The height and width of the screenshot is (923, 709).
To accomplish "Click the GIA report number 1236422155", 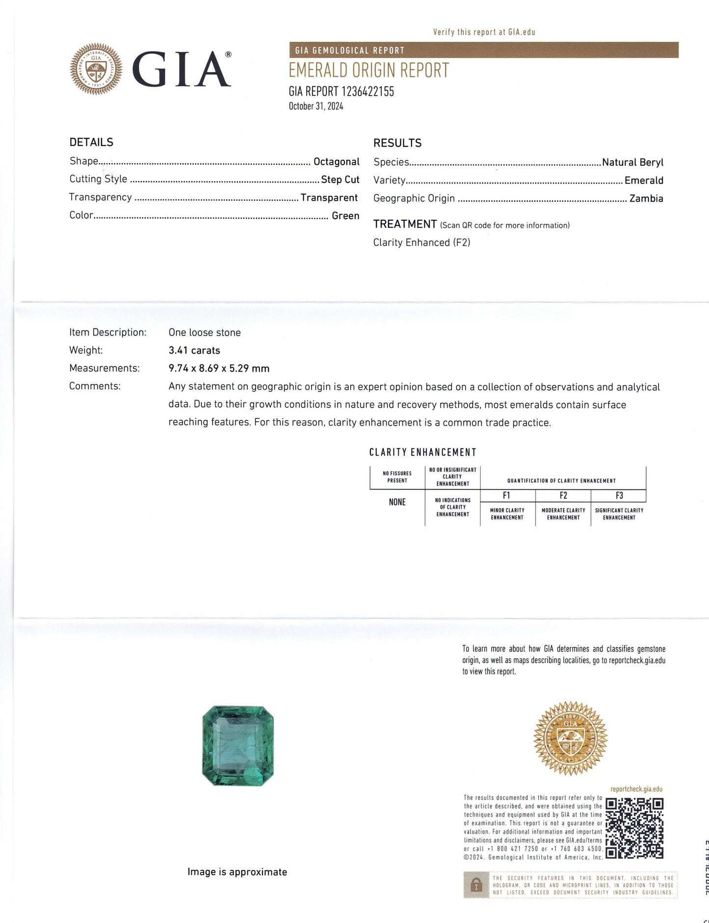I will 341,92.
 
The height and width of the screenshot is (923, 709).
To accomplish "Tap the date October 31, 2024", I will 315,106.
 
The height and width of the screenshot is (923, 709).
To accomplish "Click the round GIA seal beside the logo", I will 96,69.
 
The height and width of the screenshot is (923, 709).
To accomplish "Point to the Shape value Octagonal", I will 336,161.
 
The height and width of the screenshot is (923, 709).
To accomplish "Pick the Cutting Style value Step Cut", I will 340,179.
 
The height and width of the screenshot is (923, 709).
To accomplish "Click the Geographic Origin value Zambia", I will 646,199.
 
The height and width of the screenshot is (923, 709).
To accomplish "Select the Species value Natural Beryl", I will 632,162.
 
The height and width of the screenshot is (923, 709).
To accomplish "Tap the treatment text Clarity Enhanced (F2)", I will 421,242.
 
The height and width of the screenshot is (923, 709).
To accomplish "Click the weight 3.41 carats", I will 194,350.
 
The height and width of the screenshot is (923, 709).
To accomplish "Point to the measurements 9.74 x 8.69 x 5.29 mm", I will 219,368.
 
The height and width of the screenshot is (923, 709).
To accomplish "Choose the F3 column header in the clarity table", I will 619,496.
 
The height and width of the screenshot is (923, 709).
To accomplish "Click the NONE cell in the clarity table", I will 397,502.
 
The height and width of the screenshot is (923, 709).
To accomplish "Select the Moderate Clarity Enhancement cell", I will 563,514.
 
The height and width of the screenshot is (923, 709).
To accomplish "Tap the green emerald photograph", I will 238,745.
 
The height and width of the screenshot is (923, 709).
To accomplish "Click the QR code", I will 634,828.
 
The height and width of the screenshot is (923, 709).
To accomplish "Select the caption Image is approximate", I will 237,872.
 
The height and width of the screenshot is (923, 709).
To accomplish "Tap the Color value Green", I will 345,216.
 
